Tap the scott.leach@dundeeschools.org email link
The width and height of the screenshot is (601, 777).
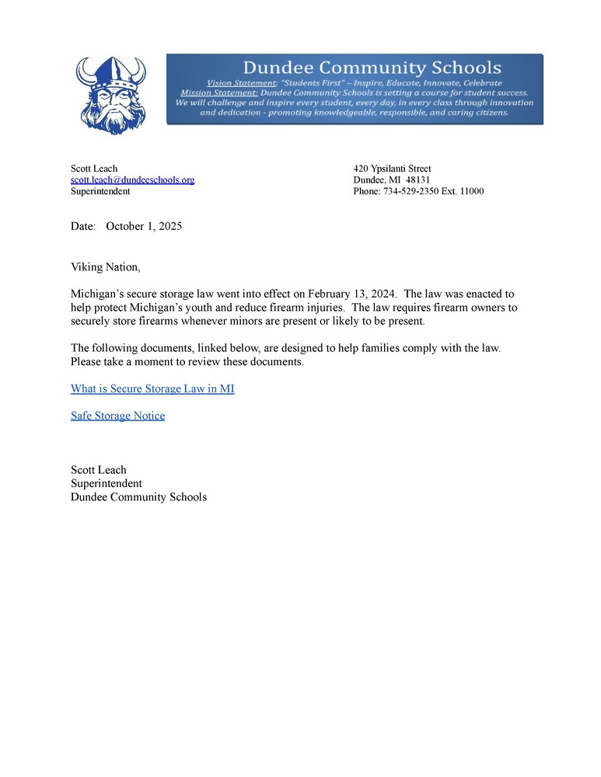(x=132, y=179)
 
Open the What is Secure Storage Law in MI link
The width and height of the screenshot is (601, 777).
(x=152, y=388)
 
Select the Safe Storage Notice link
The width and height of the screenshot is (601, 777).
(x=117, y=416)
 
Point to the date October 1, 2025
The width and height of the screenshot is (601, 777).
(x=144, y=226)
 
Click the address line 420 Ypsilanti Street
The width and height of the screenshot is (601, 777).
(x=392, y=169)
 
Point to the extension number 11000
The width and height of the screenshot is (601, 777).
(x=471, y=190)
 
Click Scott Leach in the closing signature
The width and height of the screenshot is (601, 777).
(x=98, y=470)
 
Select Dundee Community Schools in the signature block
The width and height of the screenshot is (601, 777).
(x=138, y=497)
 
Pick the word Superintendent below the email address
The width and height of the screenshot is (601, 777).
(x=100, y=190)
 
